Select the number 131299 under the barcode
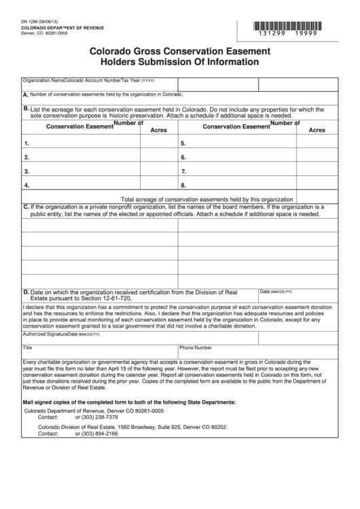coord(278,33)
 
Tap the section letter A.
coord(26,94)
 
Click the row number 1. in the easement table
coord(26,143)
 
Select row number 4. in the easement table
coord(26,185)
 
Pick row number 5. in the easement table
coord(183,143)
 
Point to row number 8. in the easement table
coord(183,185)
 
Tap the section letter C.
coord(26,207)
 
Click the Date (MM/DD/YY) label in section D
coord(276,291)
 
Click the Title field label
coord(28,347)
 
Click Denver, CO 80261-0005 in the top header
coord(41,34)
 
